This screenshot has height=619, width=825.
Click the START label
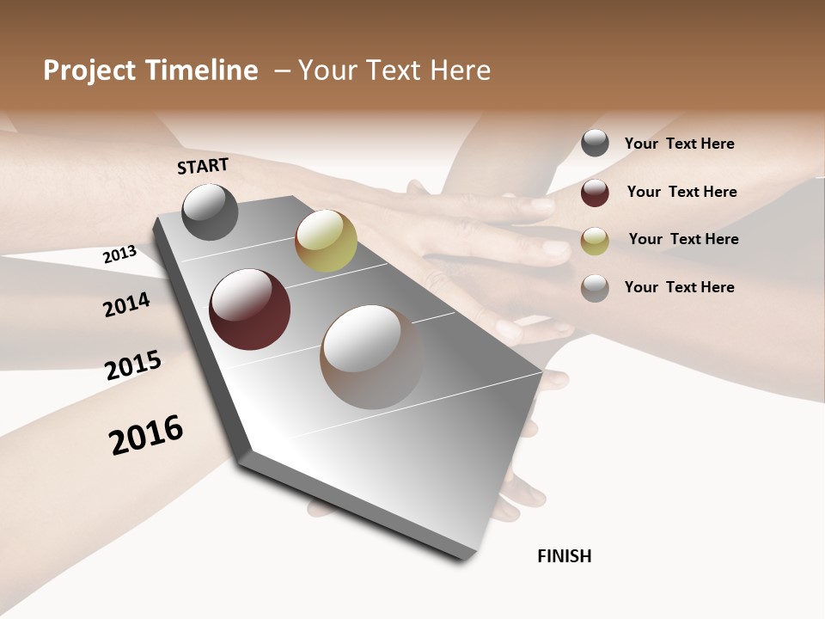(x=203, y=166)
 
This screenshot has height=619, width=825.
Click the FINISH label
(x=565, y=556)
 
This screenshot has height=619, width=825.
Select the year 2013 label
(x=120, y=254)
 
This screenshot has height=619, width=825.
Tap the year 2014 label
(x=127, y=304)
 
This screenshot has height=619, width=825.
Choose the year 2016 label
(x=146, y=435)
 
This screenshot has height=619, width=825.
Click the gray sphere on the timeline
(x=210, y=211)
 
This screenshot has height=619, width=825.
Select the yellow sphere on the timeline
(x=326, y=241)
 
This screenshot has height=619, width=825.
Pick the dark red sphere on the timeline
(x=249, y=309)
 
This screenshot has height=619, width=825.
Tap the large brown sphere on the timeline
(x=371, y=357)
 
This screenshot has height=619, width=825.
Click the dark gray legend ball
(x=595, y=144)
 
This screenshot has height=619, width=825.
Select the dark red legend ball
(x=595, y=193)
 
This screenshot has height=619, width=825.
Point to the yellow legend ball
(x=595, y=241)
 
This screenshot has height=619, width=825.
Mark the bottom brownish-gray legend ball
(x=595, y=288)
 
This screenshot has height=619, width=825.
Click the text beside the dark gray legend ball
(x=679, y=144)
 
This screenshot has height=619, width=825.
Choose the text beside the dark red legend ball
(x=681, y=192)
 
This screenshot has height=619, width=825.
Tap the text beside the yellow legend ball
(x=683, y=239)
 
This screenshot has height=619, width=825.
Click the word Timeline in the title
(x=203, y=70)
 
